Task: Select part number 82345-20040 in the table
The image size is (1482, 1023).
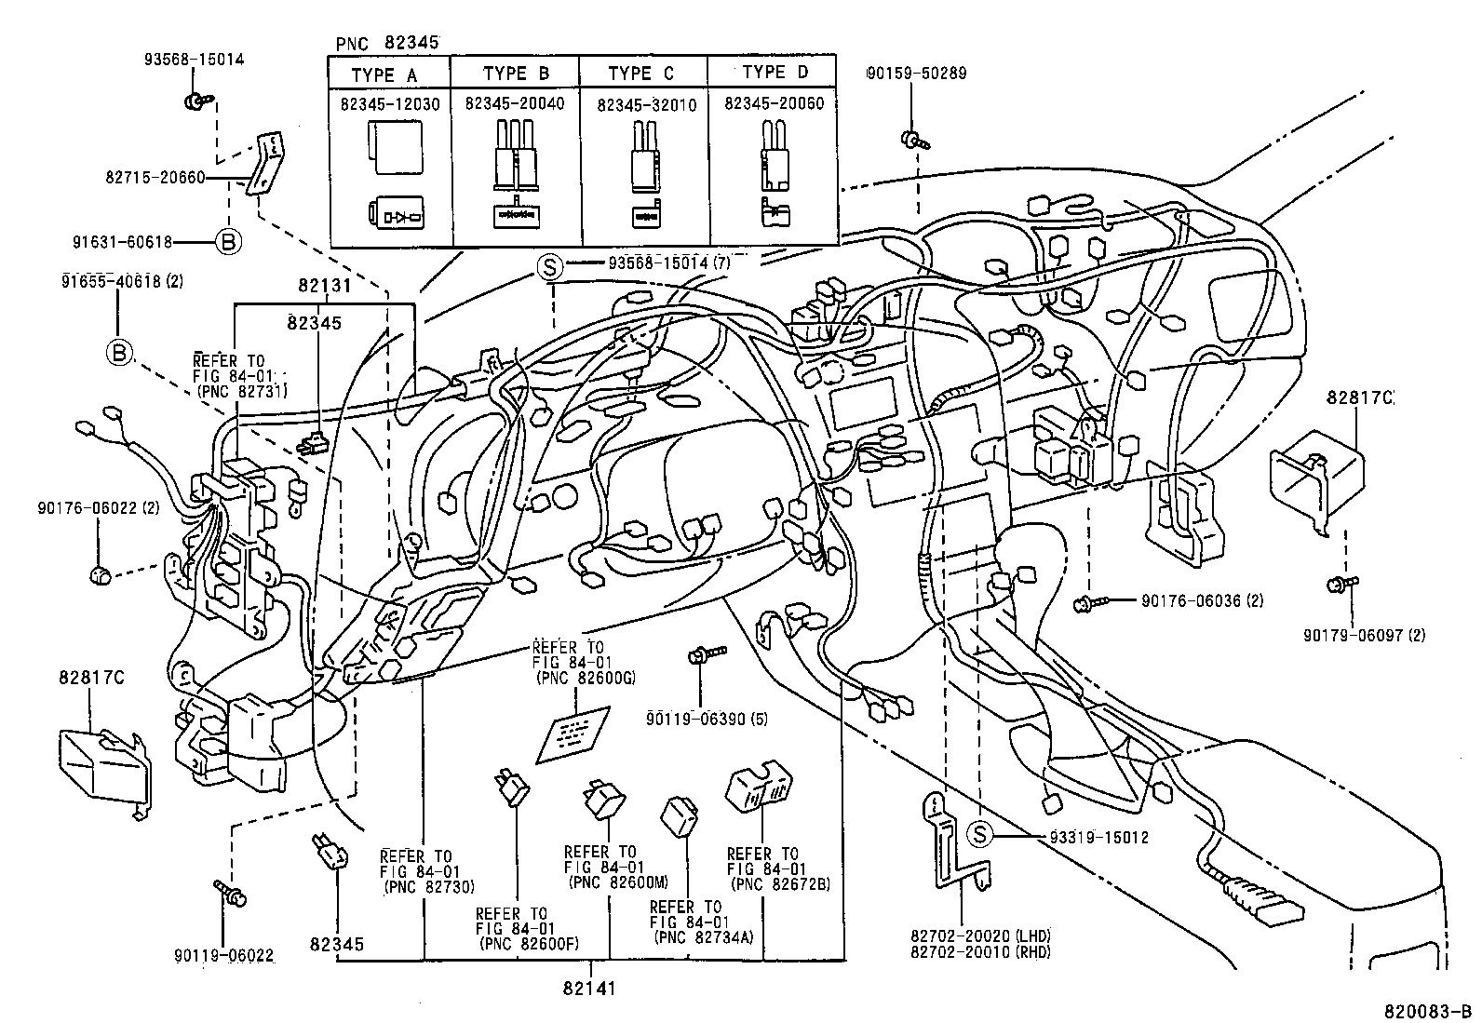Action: (x=514, y=104)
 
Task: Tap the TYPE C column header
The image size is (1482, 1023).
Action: (x=640, y=74)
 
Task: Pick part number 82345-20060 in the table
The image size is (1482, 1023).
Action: (x=774, y=104)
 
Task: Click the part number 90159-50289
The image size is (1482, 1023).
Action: (x=914, y=73)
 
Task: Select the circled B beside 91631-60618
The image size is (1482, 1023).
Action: (x=228, y=242)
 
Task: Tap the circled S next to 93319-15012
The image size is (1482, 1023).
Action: (x=979, y=835)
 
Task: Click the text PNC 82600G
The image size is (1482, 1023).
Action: (x=586, y=679)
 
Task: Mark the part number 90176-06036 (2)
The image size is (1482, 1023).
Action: (x=1202, y=601)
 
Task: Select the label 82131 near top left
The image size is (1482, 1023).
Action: (x=325, y=287)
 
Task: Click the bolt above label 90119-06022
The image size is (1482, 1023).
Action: (x=230, y=893)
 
